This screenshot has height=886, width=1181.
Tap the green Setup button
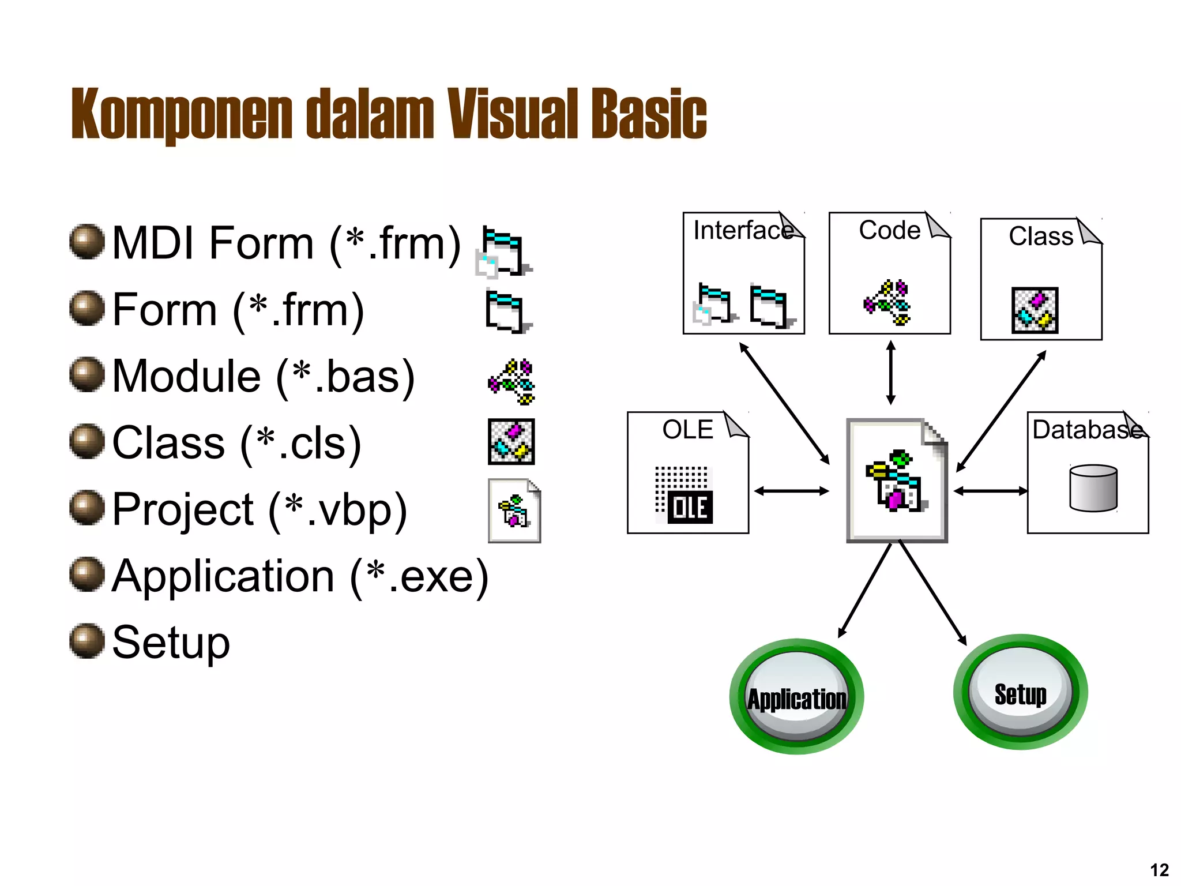pyautogui.click(x=1020, y=693)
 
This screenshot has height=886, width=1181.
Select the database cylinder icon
pyautogui.click(x=1093, y=488)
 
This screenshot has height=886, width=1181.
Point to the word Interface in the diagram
pyautogui.click(x=742, y=230)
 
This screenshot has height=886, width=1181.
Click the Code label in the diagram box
pyautogui.click(x=889, y=230)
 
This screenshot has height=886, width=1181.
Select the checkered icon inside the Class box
pyautogui.click(x=1035, y=310)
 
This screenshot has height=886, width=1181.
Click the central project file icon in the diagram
pyautogui.click(x=897, y=480)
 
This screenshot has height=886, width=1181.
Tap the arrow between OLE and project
pyautogui.click(x=791, y=491)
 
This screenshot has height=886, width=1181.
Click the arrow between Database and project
pyautogui.click(x=990, y=491)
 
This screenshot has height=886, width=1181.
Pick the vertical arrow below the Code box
pyautogui.click(x=890, y=373)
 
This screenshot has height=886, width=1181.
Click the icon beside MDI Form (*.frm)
pyautogui.click(x=503, y=251)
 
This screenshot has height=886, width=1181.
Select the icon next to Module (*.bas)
pyautogui.click(x=511, y=381)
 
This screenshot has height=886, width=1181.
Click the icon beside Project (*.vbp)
pyautogui.click(x=514, y=510)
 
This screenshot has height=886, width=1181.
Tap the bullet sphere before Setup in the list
pyautogui.click(x=87, y=640)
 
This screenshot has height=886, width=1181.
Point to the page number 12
pyautogui.click(x=1159, y=869)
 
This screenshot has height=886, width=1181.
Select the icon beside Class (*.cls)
pyautogui.click(x=511, y=441)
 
